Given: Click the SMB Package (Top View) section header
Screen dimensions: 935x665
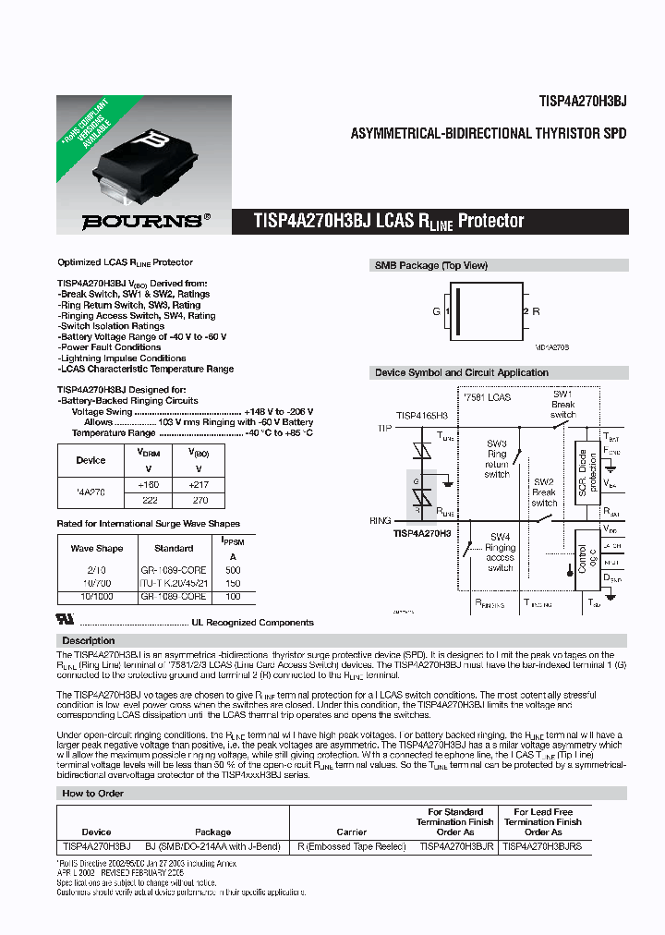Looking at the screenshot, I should coord(430,266).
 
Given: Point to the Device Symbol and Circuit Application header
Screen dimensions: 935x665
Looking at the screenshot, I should coord(461,373).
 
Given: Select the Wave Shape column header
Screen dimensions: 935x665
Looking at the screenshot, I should coord(97,549).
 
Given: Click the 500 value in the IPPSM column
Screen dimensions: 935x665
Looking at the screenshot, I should coord(232,570).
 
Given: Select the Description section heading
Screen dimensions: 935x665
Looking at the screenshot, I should coord(89,640).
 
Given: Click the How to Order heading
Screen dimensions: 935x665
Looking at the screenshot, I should coord(93,794).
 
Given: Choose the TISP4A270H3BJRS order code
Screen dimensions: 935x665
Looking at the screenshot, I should coord(542,845).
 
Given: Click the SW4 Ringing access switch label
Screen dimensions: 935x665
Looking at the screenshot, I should coord(501,552).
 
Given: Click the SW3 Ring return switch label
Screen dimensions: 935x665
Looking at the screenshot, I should coord(497,458).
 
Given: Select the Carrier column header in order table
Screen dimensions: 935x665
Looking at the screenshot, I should coord(352,832).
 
